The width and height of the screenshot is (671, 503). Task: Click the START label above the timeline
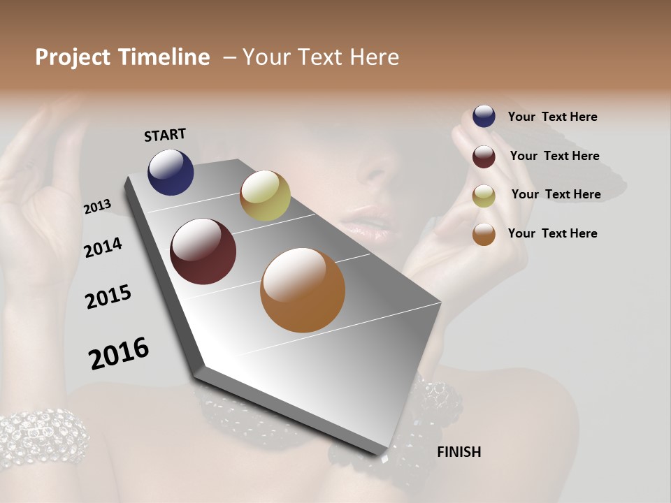coord(165,135)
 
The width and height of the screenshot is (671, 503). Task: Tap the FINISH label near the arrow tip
coord(459,452)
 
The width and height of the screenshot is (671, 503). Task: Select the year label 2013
coord(97,207)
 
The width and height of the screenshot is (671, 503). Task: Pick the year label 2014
coord(103,247)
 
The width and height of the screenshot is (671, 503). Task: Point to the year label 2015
coord(108,297)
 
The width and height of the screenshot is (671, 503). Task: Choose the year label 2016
coord(119,353)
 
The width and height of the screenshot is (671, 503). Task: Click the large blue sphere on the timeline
coord(171,172)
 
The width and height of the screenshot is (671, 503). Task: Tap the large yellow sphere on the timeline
coord(265,196)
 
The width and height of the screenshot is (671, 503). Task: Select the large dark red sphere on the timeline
coord(203,251)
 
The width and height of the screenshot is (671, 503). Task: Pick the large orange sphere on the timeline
coord(303,290)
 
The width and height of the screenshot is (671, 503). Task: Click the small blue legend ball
coord(484,116)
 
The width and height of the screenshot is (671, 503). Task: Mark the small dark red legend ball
coord(484,156)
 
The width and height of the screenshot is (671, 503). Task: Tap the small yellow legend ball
coord(484,196)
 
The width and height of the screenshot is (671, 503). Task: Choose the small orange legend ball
coord(484,234)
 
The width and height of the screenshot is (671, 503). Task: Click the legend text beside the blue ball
coord(552,117)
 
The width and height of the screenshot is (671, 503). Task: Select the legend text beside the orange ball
coord(552,233)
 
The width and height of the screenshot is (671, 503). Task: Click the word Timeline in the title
coord(164,57)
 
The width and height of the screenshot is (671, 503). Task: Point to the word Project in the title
coord(73,57)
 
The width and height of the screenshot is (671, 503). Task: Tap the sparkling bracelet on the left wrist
coord(42,437)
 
